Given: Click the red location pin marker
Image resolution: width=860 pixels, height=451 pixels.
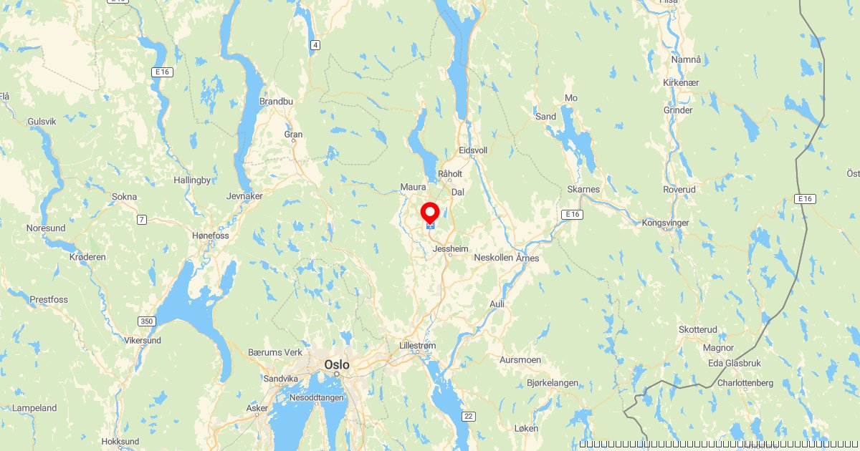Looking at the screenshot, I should [430, 213].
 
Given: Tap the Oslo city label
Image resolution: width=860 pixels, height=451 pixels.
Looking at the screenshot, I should [337, 364].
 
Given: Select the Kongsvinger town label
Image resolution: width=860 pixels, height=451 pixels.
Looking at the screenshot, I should [665, 223].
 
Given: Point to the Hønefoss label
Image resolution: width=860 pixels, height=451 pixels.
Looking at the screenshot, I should [211, 236].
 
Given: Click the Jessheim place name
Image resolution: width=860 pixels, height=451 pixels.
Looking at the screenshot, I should [451, 248].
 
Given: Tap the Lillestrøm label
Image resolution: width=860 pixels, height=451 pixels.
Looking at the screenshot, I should [417, 346].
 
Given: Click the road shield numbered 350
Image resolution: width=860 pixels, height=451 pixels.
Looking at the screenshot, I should [147, 322].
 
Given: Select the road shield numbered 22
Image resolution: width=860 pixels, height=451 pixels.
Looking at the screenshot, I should [469, 416].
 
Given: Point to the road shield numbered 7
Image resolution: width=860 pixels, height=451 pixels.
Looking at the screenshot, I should [142, 219].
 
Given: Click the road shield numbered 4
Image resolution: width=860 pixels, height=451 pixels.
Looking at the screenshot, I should [315, 45].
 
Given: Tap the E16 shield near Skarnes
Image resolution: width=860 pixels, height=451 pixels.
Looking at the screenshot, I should [571, 214].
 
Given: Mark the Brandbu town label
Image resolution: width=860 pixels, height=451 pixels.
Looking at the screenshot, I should [276, 102].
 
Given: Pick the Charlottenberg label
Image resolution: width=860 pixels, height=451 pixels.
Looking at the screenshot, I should [745, 383].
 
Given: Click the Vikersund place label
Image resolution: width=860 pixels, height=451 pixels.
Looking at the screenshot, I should [143, 340].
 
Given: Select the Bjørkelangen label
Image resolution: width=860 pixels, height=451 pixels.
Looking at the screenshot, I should [552, 383].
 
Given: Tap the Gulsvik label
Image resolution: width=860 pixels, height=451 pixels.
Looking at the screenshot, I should [42, 122].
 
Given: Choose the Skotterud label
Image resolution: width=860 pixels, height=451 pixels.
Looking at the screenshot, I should [697, 329].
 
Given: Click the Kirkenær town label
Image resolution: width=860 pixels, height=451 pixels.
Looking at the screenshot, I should [681, 83].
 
